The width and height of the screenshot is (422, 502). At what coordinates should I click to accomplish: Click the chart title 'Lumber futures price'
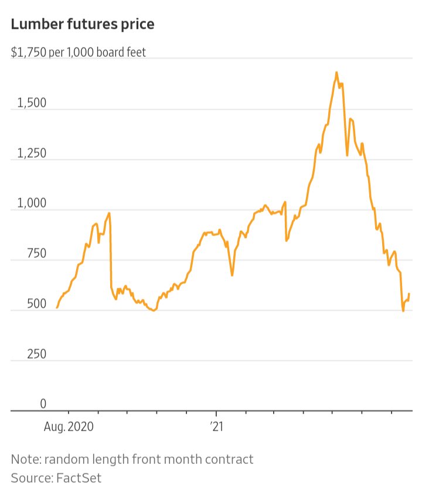pyautogui.click(x=83, y=25)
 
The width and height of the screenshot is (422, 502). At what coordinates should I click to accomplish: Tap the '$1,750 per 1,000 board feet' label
pyautogui.click(x=79, y=52)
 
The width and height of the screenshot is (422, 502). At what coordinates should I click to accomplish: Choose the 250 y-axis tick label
pyautogui.click(x=35, y=354)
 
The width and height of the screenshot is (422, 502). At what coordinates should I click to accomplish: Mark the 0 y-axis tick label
pyautogui.click(x=43, y=404)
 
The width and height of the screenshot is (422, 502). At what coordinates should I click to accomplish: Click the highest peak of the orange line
pyautogui.click(x=336, y=73)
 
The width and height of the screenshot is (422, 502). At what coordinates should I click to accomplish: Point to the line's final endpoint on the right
pyautogui.click(x=409, y=293)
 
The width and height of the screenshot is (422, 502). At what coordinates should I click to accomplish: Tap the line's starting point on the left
pyautogui.click(x=57, y=307)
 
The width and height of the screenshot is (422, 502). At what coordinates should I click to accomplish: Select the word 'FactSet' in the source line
pyautogui.click(x=79, y=477)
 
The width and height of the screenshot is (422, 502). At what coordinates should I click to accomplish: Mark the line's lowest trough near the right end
pyautogui.click(x=403, y=310)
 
